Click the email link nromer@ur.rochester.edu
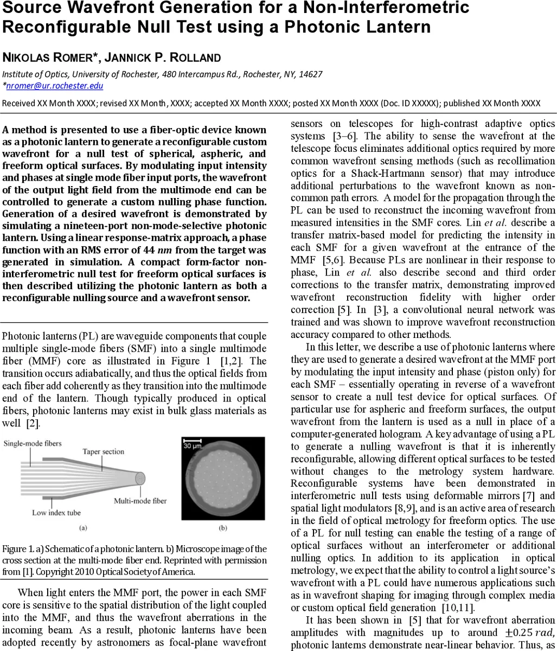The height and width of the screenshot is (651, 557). coord(54,86)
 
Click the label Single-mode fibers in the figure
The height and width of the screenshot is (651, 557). coord(31,444)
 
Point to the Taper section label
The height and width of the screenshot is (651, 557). coord(103,451)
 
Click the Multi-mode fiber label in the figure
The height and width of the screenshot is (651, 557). coord(140,500)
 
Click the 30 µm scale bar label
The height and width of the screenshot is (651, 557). coord(194,446)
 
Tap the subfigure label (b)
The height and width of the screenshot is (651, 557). coord(223,527)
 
